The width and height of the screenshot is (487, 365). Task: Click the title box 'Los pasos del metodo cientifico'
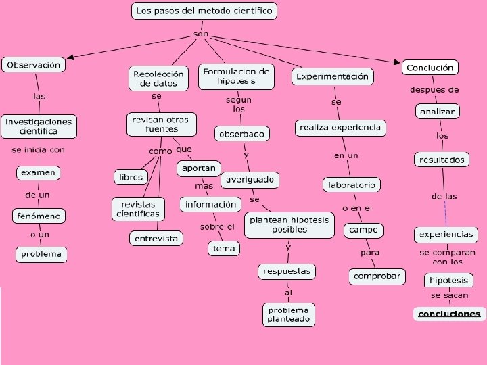(x=204, y=11)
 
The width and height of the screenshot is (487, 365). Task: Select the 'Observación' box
(x=32, y=65)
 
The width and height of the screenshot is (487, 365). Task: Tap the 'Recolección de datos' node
(x=158, y=78)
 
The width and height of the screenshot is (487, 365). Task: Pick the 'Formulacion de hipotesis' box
(x=236, y=76)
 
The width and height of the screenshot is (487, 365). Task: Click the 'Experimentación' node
(x=333, y=76)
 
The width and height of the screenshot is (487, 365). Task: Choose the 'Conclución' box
(x=430, y=68)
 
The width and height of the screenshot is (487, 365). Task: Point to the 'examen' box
(x=38, y=173)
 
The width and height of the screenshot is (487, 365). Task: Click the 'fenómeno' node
(x=39, y=216)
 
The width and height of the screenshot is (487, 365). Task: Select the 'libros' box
(x=131, y=177)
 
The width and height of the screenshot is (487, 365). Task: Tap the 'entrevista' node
(x=156, y=239)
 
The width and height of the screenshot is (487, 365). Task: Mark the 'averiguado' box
(x=250, y=180)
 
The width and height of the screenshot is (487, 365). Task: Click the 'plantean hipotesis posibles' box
(x=289, y=225)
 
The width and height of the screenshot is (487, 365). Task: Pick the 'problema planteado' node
(x=289, y=314)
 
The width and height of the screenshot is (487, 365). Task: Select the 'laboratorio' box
(x=352, y=185)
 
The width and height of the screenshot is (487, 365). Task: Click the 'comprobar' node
(x=377, y=276)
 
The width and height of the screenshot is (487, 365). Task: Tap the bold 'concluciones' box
(x=449, y=314)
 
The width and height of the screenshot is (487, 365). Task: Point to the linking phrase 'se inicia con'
(x=38, y=149)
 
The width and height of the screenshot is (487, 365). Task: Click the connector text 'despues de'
(x=434, y=90)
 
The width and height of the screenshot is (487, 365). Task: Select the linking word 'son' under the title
(x=201, y=34)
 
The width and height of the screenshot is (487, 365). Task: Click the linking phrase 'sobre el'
(x=217, y=227)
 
